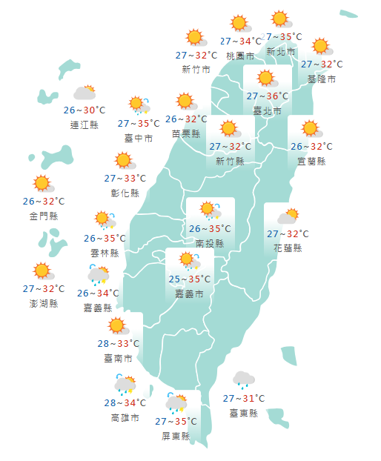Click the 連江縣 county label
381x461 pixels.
click(84, 125)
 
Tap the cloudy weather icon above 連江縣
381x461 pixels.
click(85, 93)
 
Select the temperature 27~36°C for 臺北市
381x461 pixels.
click(267, 96)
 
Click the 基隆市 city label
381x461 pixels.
click(321, 79)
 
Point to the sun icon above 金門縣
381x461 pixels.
click(42, 183)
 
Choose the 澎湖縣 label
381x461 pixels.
click(43, 304)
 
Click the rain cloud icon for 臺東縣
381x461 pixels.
click(243, 380)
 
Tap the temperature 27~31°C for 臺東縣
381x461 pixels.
click(244, 399)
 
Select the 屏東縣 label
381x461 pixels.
click(176, 437)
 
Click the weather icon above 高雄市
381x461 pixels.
click(125, 385)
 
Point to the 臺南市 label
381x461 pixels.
click(118, 359)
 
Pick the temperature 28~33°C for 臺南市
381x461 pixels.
click(118, 343)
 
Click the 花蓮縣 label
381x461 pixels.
click(288, 248)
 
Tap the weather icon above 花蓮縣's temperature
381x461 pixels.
click(288, 216)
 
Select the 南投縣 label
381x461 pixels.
click(210, 243)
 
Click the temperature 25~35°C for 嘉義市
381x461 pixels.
click(189, 279)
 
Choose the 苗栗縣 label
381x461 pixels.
click(185, 133)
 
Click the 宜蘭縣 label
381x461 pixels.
click(311, 161)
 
